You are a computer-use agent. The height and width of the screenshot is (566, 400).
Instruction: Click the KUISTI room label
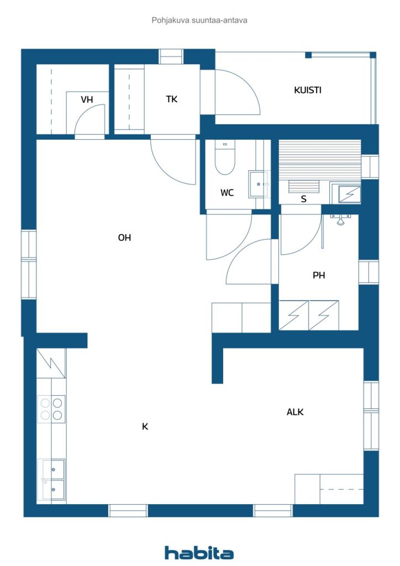[x=307, y=90]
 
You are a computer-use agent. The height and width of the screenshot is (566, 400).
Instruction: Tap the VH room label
[x=87, y=99]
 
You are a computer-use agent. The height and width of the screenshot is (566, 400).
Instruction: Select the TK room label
[x=172, y=99]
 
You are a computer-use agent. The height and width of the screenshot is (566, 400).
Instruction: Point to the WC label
[x=227, y=193]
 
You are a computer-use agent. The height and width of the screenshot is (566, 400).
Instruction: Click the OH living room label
[x=124, y=238]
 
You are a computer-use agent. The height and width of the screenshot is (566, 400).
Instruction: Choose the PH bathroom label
[x=319, y=275]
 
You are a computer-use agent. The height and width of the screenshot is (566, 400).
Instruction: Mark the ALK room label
[x=295, y=412]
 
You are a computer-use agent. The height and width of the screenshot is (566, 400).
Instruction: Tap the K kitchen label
[x=145, y=427]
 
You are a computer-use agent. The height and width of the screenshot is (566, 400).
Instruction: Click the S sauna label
[x=304, y=199]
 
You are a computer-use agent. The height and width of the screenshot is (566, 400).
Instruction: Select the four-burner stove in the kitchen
[x=51, y=409]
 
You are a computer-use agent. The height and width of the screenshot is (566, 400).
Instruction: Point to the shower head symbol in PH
[x=340, y=219]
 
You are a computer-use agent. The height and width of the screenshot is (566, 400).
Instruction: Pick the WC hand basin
[x=258, y=184]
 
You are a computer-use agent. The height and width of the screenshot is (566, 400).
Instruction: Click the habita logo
[x=199, y=552]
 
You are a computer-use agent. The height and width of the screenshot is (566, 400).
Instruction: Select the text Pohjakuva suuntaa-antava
[x=199, y=20]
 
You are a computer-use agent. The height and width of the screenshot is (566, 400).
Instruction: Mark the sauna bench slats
[x=320, y=161]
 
